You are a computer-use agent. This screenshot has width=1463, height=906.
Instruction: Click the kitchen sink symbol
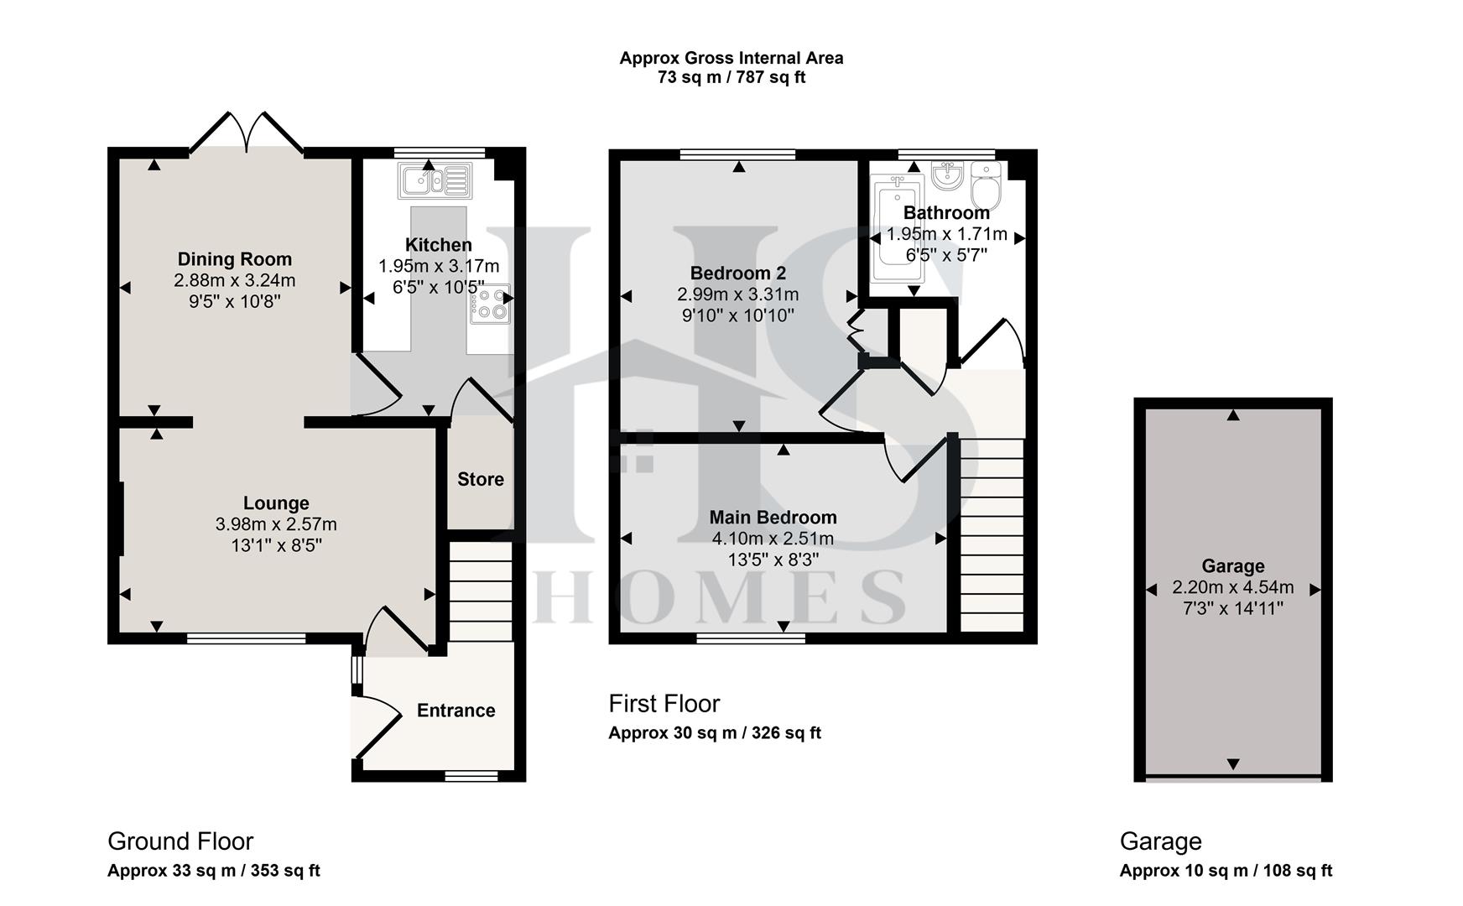point(435,180)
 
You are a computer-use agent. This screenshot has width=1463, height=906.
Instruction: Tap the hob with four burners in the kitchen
point(491,305)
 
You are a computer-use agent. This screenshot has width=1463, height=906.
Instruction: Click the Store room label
point(481,479)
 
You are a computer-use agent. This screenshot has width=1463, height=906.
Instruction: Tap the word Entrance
point(456,711)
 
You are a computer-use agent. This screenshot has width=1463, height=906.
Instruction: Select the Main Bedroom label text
point(773,518)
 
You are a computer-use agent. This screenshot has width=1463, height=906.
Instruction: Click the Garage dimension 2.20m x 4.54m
point(1232,587)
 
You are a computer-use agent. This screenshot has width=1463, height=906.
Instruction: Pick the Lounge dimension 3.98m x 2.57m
point(276,524)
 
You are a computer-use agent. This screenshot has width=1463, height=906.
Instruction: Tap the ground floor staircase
point(481,591)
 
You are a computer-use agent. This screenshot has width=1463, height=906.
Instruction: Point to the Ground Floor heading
point(180,841)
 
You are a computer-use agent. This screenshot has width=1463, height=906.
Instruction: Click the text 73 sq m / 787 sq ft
point(731,78)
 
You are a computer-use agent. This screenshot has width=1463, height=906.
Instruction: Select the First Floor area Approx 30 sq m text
point(714,733)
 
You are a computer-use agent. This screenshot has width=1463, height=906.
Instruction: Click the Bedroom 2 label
point(737,273)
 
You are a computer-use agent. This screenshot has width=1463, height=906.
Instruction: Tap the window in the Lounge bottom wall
point(246,639)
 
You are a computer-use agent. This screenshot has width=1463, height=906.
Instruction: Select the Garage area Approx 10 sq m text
point(1225,871)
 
